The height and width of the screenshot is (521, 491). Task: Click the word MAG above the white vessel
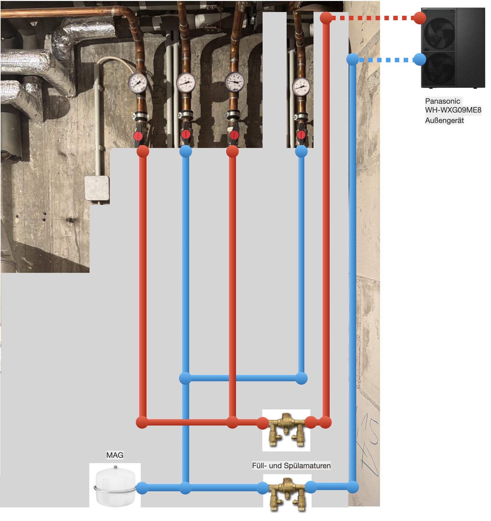115,455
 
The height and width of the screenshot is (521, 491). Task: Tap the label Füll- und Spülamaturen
291,465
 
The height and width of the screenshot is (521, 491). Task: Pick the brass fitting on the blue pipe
287,493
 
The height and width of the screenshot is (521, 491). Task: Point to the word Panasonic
442,101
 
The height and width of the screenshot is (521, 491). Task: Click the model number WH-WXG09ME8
453,110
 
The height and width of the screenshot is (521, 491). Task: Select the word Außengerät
444,120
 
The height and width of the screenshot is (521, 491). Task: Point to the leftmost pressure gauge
137,83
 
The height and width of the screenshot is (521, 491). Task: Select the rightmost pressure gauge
301,87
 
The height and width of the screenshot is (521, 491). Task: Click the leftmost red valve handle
138,136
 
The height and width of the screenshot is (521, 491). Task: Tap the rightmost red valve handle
301,135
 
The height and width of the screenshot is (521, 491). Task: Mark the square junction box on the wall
97,188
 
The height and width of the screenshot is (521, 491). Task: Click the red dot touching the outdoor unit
420,18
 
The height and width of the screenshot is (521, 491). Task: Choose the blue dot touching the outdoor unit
420,59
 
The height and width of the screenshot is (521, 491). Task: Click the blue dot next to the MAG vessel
142,488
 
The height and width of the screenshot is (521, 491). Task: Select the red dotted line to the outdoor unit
373,18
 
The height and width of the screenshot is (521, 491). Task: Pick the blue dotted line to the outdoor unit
386,60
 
